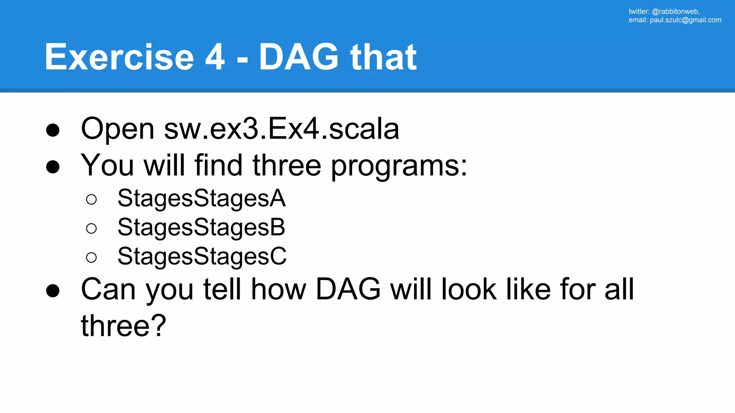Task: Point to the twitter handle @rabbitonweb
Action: coord(675,11)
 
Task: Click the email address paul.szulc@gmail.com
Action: coord(685,20)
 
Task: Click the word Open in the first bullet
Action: coord(118,129)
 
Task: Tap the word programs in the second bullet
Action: coord(398,166)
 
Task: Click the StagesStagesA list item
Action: coord(201,198)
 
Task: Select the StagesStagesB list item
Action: coord(201,227)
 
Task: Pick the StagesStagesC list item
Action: coord(202,256)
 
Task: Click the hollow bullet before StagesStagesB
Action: coord(92,228)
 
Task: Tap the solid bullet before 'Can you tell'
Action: coord(53,291)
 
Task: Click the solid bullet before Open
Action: coord(53,130)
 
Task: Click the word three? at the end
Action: coord(123,326)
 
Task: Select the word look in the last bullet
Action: coord(469,289)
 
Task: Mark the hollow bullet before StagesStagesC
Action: coord(92,257)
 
